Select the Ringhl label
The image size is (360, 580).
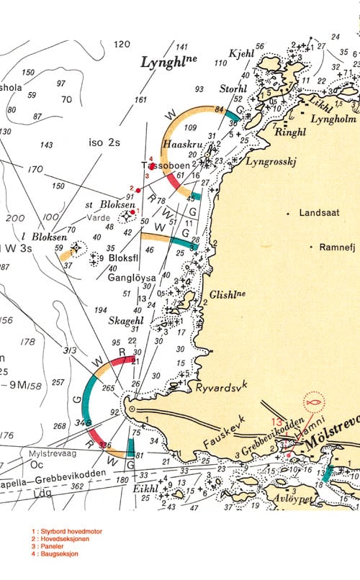point(290,132)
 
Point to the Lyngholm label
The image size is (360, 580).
point(332,119)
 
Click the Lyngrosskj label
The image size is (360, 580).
point(271,162)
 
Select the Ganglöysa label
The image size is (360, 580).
point(131,277)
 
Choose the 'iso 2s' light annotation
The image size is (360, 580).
point(105,142)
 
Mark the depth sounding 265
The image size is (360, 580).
point(109,389)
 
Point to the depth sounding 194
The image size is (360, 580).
point(100,309)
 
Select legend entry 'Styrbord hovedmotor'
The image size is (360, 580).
point(69,531)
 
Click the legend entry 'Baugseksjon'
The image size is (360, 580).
point(57,554)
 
